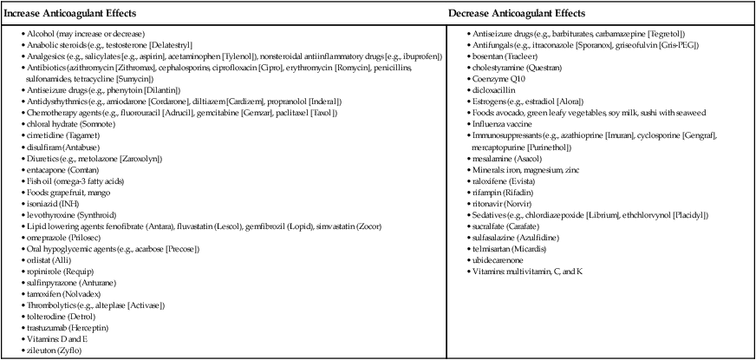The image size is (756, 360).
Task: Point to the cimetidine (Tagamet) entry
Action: pos(57,137)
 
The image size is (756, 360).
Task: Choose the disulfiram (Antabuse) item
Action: pos(59,148)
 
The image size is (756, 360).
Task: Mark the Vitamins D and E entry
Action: pos(58,341)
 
